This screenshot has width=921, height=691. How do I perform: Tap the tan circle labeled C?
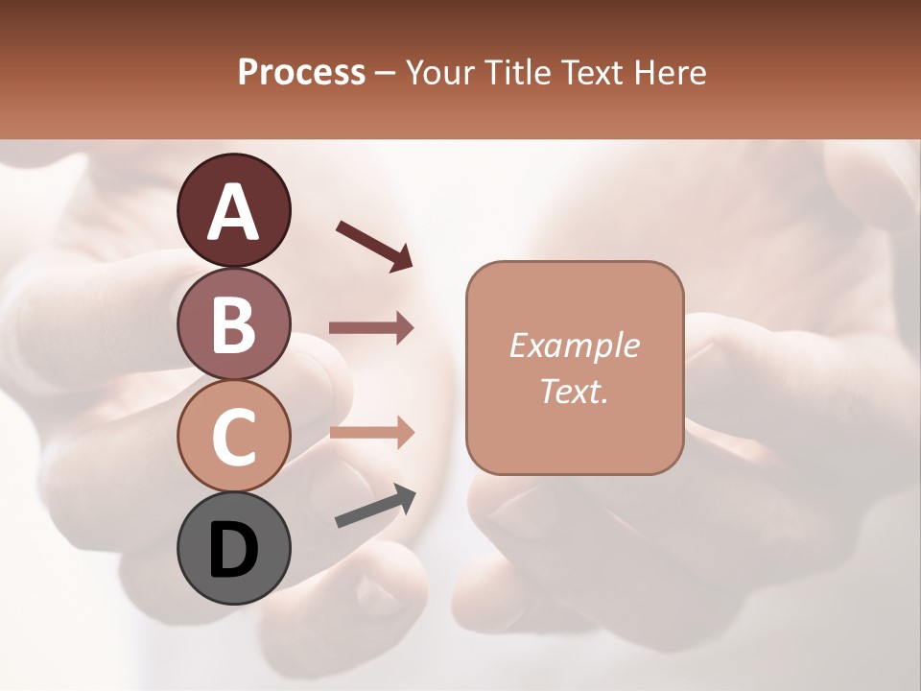click(x=234, y=437)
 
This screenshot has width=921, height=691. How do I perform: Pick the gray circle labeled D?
click(x=234, y=548)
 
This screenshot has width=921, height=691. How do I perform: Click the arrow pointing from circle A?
click(x=374, y=246)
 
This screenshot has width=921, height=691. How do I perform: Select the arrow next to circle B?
click(x=371, y=328)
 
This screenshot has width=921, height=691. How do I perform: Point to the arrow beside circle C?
click(x=371, y=432)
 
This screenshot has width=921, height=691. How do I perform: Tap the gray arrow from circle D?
click(x=375, y=507)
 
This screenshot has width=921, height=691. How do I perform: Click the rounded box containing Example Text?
click(x=575, y=368)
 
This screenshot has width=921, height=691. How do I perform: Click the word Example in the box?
click(x=575, y=345)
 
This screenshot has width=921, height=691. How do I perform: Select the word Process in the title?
click(x=301, y=72)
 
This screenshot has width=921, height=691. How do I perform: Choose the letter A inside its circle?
click(x=234, y=211)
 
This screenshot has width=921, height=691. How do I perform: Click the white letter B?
click(x=234, y=324)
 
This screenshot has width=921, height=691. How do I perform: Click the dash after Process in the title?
click(x=386, y=73)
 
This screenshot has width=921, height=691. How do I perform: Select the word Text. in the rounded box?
click(x=575, y=391)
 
